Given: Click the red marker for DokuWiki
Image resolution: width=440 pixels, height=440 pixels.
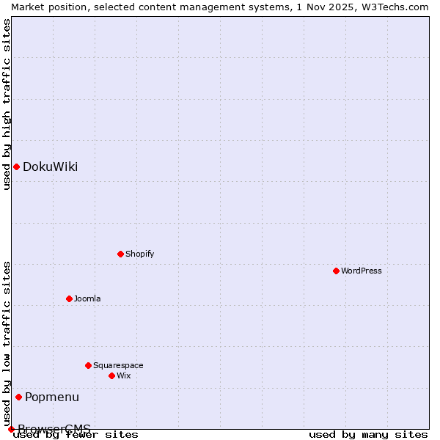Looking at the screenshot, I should pyautogui.click(x=16, y=166).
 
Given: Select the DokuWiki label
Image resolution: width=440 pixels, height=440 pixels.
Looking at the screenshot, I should pyautogui.click(x=50, y=167).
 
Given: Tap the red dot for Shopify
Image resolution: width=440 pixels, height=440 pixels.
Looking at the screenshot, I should pyautogui.click(x=120, y=254).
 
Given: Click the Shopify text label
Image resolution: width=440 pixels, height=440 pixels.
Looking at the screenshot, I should pyautogui.click(x=139, y=254).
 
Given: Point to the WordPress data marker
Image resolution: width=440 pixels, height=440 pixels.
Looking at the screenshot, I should pyautogui.click(x=336, y=271).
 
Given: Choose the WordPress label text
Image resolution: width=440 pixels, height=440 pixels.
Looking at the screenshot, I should pyautogui.click(x=361, y=271).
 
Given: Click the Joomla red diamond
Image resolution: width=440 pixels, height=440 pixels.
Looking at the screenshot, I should pyautogui.click(x=69, y=298).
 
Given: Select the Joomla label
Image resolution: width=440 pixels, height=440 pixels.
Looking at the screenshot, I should pyautogui.click(x=87, y=299).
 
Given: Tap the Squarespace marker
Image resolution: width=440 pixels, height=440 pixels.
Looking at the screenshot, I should pyautogui.click(x=88, y=365).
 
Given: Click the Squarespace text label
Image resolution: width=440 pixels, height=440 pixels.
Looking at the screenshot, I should pyautogui.click(x=118, y=366).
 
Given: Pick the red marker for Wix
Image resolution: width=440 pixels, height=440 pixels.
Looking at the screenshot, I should pyautogui.click(x=111, y=375).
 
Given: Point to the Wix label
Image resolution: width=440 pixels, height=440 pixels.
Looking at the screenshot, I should pyautogui.click(x=123, y=376).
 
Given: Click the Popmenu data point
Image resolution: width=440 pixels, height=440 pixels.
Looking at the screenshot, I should pyautogui.click(x=18, y=397).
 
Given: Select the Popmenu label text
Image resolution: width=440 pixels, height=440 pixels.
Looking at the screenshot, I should pyautogui.click(x=52, y=397).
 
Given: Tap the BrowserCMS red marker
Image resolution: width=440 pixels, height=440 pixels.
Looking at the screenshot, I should pyautogui.click(x=11, y=429).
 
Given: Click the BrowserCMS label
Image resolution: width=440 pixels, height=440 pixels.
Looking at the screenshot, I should pyautogui.click(x=54, y=429).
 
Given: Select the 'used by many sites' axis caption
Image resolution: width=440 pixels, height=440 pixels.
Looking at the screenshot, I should pyautogui.click(x=368, y=435).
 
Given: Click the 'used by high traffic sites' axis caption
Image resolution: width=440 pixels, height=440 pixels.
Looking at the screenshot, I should pyautogui.click(x=7, y=104).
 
